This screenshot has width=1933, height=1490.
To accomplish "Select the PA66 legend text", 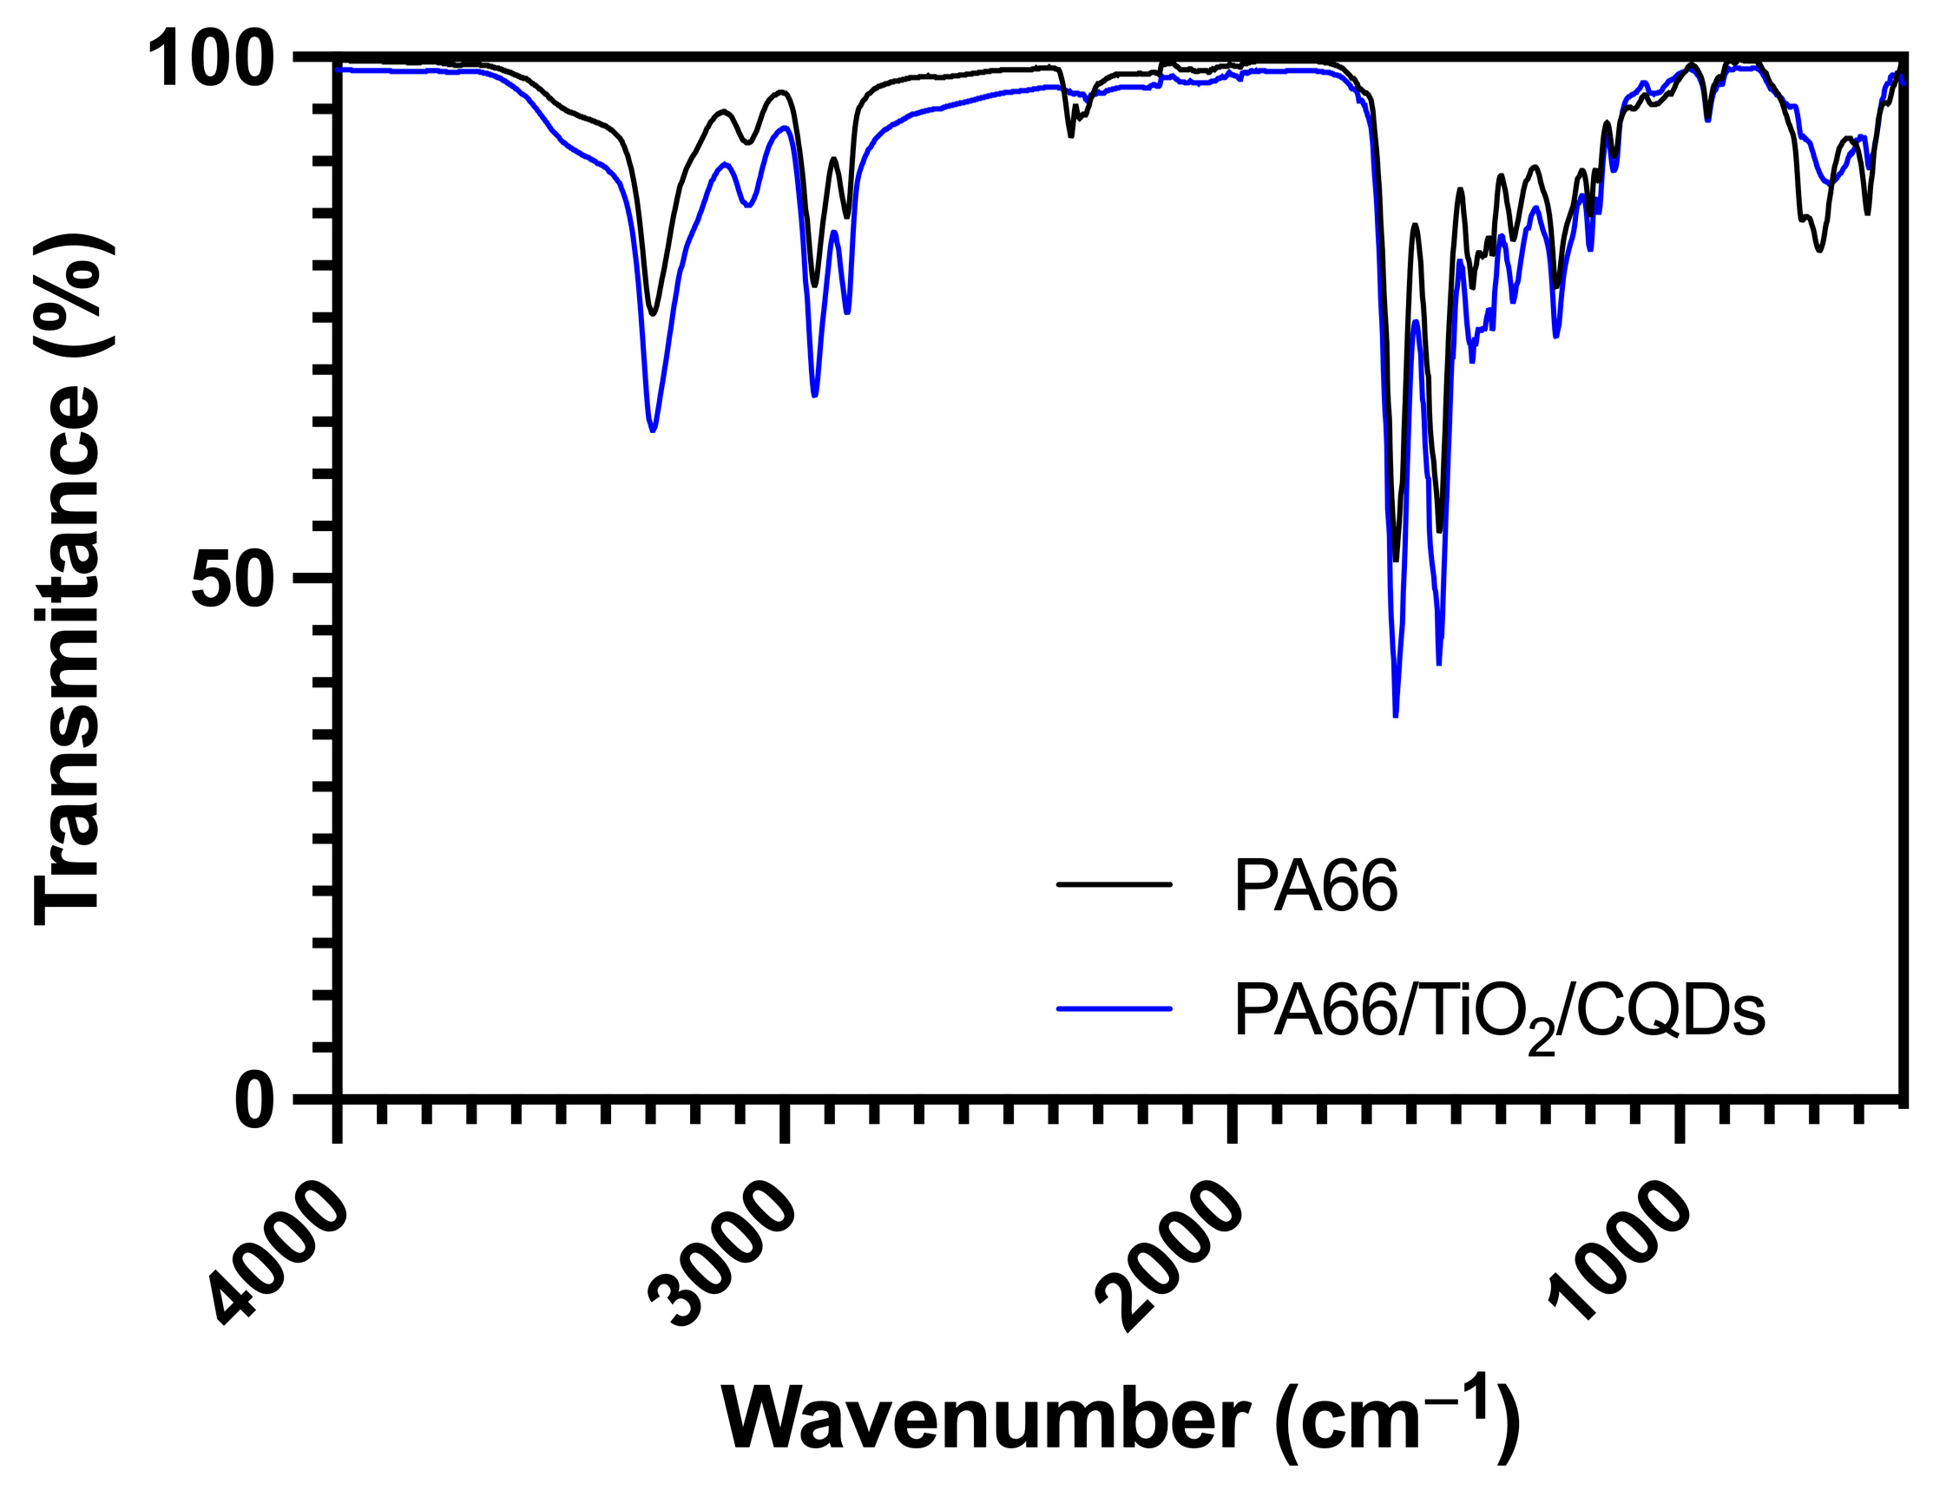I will click(1315, 887).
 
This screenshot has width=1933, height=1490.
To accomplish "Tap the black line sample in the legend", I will click(1114, 884).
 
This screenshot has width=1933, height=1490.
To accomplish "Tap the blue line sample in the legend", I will click(1114, 1008).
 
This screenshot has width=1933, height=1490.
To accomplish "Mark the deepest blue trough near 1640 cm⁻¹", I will click(1396, 715).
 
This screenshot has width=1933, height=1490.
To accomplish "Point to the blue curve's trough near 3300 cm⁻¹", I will click(654, 430).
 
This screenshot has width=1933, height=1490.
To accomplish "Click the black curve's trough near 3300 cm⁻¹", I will click(654, 313).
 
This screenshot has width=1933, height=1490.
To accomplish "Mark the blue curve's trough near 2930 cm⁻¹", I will click(814, 395).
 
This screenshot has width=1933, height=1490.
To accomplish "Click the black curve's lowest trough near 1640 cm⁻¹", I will click(1396, 559).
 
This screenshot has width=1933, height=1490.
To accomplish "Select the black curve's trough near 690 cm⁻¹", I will click(1818, 250).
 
